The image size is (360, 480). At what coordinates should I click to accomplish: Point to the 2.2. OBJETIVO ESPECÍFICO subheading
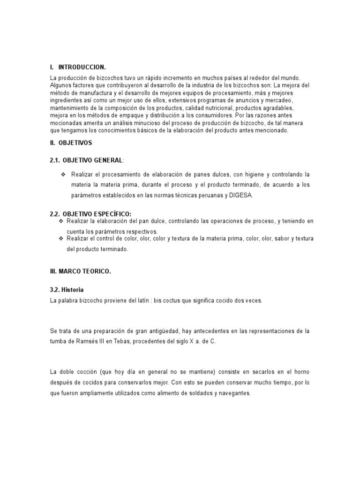click(90, 214)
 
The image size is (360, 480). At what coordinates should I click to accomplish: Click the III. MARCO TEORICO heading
click(80, 272)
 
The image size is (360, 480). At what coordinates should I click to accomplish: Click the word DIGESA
click(241, 195)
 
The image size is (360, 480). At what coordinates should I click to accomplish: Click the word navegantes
click(234, 394)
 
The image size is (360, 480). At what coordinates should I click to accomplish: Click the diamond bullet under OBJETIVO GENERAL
click(62, 174)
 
